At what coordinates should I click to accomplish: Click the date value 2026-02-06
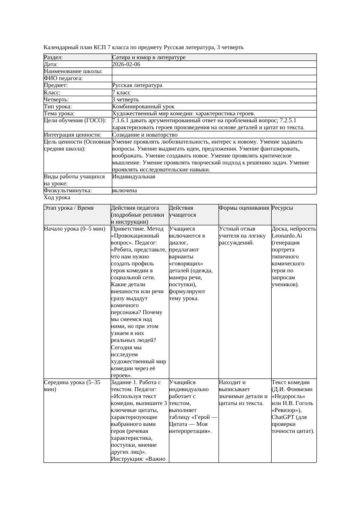(x=126, y=64)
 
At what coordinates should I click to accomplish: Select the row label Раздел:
(x=54, y=57)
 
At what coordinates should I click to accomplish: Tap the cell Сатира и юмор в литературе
(x=148, y=57)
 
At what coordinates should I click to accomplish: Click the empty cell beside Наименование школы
(x=213, y=71)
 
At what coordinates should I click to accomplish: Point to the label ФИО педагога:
(x=64, y=78)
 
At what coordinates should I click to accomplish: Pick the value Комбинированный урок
(x=143, y=107)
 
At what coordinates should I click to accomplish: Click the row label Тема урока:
(x=59, y=114)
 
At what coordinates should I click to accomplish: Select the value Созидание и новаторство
(x=145, y=135)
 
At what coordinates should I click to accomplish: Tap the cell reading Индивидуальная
(x=133, y=177)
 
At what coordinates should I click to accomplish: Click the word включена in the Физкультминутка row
(x=124, y=191)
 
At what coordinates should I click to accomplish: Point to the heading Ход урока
(x=57, y=198)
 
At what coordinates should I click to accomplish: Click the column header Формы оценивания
(x=244, y=208)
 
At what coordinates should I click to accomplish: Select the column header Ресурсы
(x=282, y=208)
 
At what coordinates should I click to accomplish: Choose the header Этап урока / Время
(x=69, y=208)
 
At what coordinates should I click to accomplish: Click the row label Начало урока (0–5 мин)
(x=74, y=229)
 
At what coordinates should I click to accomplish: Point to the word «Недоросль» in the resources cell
(x=286, y=397)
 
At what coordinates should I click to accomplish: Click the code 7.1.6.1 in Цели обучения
(x=121, y=121)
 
